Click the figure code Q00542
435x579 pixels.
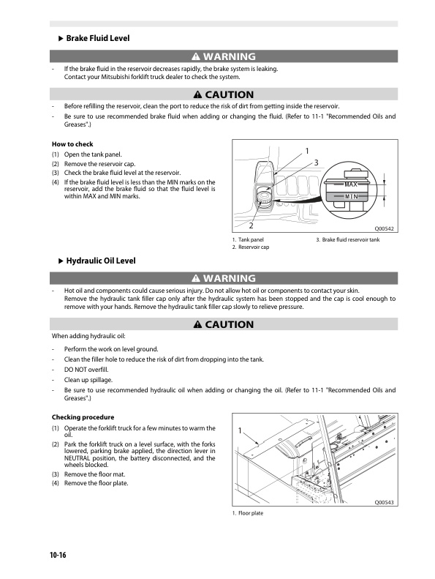click(x=385, y=229)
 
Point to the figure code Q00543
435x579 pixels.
click(x=385, y=502)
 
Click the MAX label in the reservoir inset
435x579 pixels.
click(x=351, y=185)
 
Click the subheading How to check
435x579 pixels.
click(x=72, y=143)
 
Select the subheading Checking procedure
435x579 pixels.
click(x=83, y=416)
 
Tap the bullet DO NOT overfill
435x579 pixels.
click(x=86, y=370)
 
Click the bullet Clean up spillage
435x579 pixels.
click(x=88, y=380)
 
